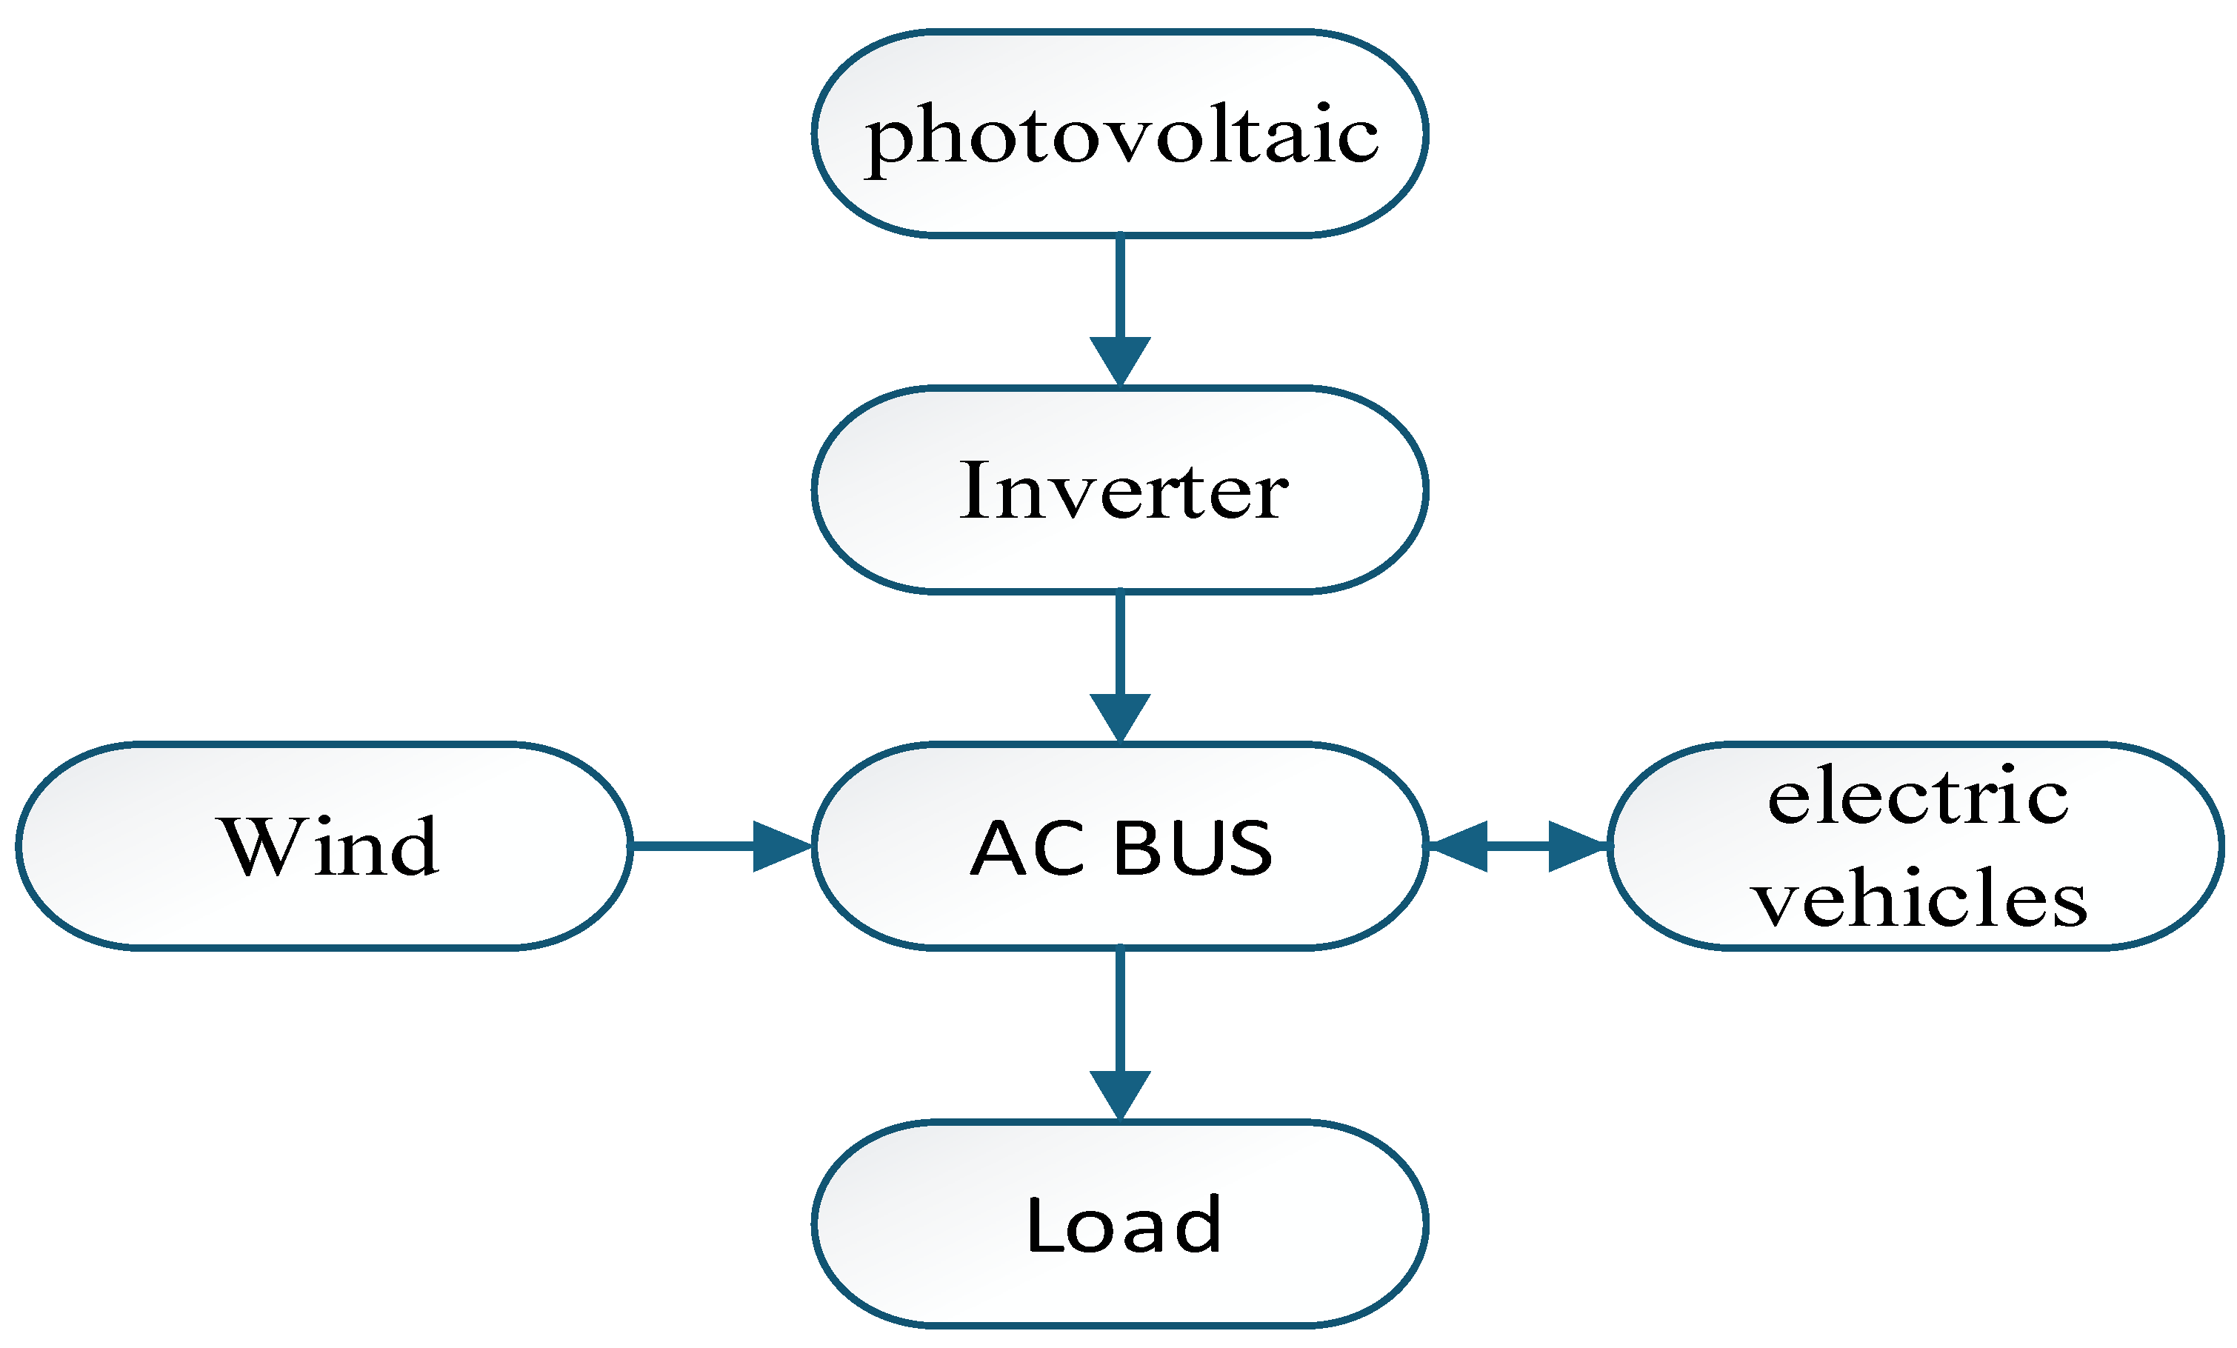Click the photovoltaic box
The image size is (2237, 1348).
(x=1119, y=133)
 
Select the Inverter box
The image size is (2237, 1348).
(x=1119, y=490)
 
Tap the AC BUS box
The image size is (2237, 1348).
(x=1119, y=846)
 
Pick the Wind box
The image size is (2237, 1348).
(x=324, y=846)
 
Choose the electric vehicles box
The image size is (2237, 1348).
(x=1916, y=846)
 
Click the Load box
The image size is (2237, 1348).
(x=1119, y=1224)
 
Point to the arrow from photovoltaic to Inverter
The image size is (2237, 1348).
(x=1119, y=311)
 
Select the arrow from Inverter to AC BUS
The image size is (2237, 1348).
(x=1119, y=668)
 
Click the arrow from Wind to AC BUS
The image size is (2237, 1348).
(x=721, y=846)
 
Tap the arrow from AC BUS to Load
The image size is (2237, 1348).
(x=1119, y=1035)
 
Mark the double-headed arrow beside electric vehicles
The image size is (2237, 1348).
(x=1518, y=846)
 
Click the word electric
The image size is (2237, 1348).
(x=1918, y=795)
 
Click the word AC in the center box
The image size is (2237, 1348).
(x=1027, y=848)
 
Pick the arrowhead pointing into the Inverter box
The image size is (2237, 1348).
(x=1119, y=362)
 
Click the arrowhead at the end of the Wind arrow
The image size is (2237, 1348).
(x=783, y=846)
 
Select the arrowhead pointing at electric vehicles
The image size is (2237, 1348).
(x=1578, y=846)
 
